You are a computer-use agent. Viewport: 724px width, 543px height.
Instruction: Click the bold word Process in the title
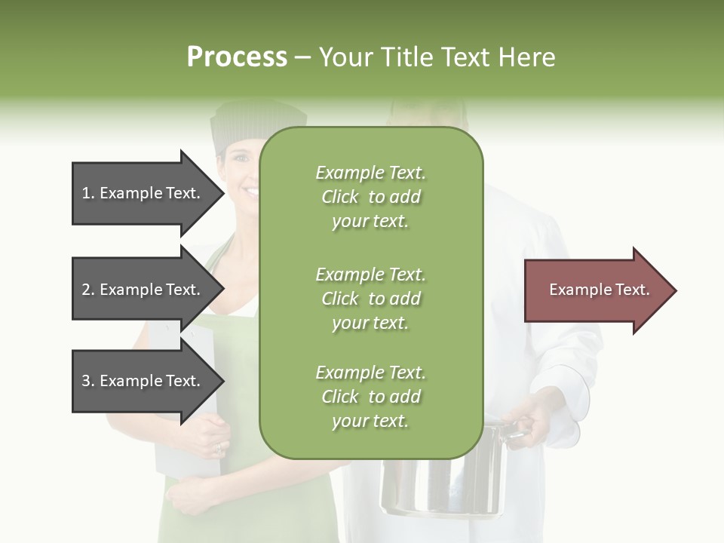coord(237,57)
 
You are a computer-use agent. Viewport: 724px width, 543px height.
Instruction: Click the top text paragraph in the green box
coord(370,197)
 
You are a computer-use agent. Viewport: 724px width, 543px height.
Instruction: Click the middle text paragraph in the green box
coord(370,298)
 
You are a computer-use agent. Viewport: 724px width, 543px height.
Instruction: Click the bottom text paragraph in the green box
coord(370,396)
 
